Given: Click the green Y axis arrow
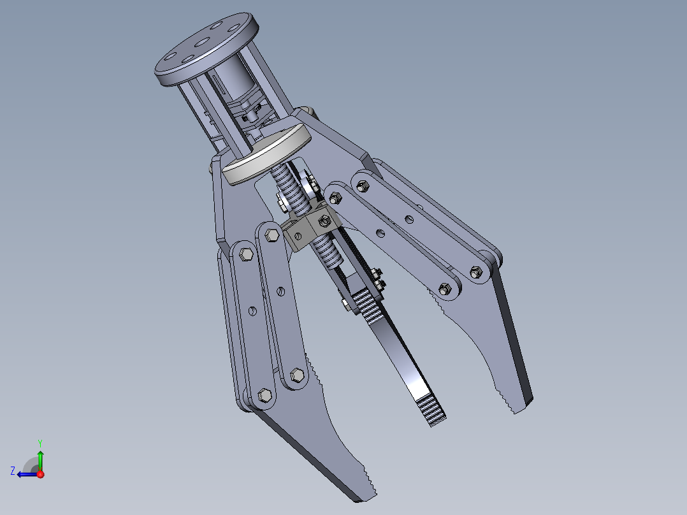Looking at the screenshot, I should point(40,457).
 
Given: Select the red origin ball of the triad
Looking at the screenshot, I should point(40,474).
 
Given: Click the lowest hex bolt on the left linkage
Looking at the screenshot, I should point(264,398).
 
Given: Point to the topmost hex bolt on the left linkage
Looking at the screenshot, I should point(270,235).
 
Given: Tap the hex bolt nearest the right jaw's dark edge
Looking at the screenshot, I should point(475,273).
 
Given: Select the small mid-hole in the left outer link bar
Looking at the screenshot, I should point(252,312).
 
